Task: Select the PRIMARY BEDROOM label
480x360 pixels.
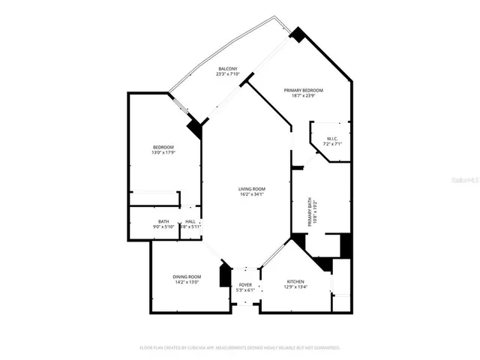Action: (x=303, y=90)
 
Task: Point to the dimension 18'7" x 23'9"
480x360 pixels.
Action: (x=303, y=96)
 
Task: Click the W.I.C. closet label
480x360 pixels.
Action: (x=331, y=138)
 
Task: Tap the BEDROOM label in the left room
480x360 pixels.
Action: (x=163, y=147)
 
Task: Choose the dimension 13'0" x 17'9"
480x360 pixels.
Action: (x=163, y=153)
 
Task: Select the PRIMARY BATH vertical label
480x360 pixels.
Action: (x=310, y=212)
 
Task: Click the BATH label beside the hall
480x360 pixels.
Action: (x=163, y=221)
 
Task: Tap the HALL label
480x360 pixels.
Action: (x=190, y=221)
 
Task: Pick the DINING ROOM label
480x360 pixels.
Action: (x=187, y=277)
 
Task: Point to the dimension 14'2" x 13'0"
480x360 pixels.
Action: (x=187, y=283)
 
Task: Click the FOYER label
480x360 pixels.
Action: (x=246, y=285)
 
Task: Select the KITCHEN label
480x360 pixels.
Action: (x=295, y=280)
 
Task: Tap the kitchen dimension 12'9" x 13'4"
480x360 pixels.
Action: (x=295, y=286)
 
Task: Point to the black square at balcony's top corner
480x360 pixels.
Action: (x=298, y=34)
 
